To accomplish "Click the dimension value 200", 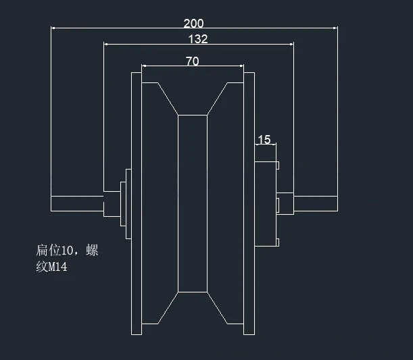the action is click(x=193, y=24).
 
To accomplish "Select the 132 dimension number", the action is click(x=198, y=39).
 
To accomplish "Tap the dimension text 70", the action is click(x=193, y=61).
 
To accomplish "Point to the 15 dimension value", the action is click(x=264, y=139).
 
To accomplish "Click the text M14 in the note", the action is click(x=58, y=267).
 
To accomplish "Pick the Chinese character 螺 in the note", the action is click(x=92, y=251).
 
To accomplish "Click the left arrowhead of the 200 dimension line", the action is click(x=53, y=28).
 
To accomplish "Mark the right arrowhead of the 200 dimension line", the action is click(x=335, y=28).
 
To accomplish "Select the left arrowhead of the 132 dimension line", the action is click(x=106, y=44).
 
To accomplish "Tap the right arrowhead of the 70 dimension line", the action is click(x=241, y=66).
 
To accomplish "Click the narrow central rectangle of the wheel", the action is click(x=193, y=203).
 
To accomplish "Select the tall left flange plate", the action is click(x=137, y=203).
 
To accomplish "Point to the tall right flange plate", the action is click(x=249, y=203).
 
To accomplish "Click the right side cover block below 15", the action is click(x=265, y=203).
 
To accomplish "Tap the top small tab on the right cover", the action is click(x=278, y=165).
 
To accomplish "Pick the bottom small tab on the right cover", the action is click(x=278, y=242).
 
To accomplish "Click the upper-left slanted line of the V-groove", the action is click(x=168, y=99).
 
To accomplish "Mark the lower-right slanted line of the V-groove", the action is click(x=217, y=308).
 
